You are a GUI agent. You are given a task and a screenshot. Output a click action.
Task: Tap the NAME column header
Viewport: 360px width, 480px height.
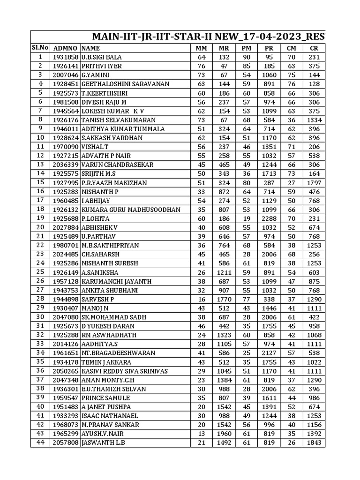tap(90, 48)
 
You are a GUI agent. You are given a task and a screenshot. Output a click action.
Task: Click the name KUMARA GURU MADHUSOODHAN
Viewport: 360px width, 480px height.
tap(131, 210)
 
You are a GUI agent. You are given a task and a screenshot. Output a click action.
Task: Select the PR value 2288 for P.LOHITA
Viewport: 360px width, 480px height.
tap(269, 218)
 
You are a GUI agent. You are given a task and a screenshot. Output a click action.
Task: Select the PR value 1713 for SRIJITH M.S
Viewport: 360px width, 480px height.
tap(269, 173)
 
